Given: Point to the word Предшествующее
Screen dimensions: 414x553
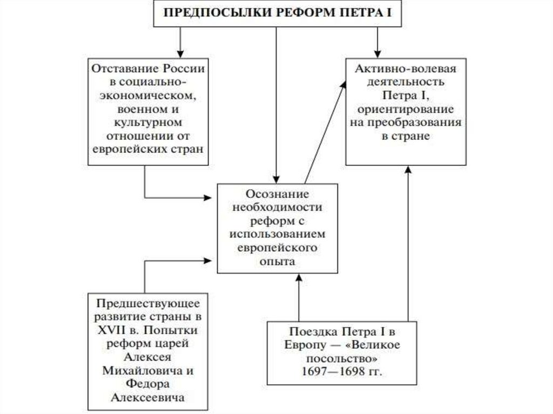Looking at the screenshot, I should click(149, 302).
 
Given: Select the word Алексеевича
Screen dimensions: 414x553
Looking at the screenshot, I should click(149, 397).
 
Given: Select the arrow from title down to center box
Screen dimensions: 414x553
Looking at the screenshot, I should click(276, 103).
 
